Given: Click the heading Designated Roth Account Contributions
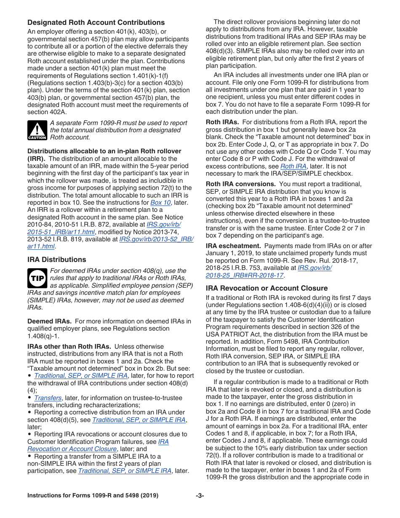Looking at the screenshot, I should coord(96,23).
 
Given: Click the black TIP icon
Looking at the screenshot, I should coord(37,278).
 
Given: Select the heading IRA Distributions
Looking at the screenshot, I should coord(57,260).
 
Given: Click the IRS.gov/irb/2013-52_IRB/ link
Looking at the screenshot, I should coord(156,239).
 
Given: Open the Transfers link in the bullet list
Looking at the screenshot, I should coord(48,398).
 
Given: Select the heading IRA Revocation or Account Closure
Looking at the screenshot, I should coord(267,288).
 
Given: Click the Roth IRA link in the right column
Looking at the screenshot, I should coord(293,166).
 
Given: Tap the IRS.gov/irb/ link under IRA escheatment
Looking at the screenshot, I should coord(315,268).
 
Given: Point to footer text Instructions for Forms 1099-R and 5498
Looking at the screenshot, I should coord(93,496).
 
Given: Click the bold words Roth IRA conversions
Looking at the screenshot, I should coord(240,184).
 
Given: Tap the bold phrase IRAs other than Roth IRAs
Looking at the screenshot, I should coord(69,347).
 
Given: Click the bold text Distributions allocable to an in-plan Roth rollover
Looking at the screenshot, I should coord(104,151).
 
